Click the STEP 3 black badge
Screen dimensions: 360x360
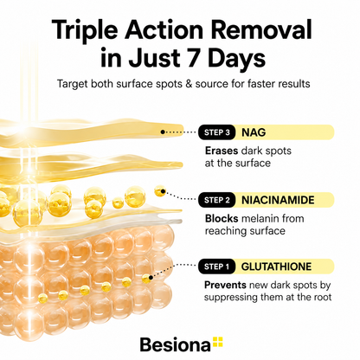217,132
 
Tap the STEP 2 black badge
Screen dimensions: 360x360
217,200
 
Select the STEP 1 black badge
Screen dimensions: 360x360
217,267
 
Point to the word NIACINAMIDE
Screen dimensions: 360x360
278,200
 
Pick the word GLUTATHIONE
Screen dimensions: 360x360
276,267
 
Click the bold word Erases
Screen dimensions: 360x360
222,151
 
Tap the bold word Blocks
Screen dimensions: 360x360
222,218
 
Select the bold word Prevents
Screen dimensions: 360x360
225,285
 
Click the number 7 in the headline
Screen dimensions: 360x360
194,58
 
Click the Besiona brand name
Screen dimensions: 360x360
176,344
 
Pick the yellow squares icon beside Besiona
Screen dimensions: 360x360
218,342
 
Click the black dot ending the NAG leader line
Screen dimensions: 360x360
163,132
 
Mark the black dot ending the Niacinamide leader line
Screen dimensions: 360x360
164,191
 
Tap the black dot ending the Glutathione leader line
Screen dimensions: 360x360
150,278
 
